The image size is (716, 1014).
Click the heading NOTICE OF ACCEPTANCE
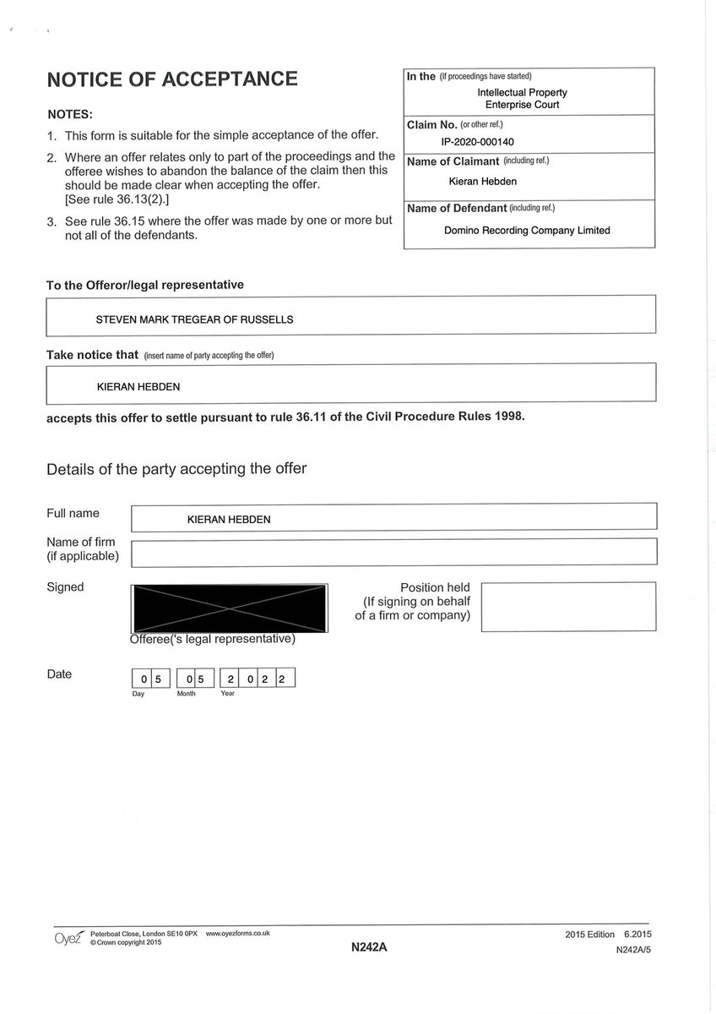point(172,80)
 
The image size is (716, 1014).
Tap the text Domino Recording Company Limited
point(527,230)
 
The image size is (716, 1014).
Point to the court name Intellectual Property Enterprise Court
point(522,99)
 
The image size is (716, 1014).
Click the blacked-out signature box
point(228,607)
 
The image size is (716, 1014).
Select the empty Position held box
point(568,606)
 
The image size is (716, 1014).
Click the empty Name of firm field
point(393,552)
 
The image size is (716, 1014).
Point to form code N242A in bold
point(369,948)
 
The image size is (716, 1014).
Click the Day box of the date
point(151,679)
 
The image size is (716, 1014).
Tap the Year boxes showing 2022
point(257,679)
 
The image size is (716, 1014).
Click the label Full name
point(73,514)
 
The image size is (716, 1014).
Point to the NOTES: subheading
point(70,114)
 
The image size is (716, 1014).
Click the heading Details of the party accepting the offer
point(176,469)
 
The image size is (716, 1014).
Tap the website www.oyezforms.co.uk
point(237,933)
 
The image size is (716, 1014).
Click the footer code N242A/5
point(633,950)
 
